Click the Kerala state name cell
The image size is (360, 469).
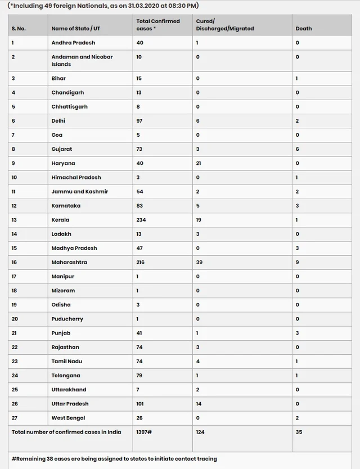[x=60, y=220]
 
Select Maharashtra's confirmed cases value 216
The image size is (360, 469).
[x=143, y=262]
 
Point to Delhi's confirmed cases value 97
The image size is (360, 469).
[x=141, y=120]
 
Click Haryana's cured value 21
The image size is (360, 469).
[x=200, y=163]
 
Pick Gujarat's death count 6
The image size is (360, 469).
[x=297, y=149]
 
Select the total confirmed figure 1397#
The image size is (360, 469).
[x=145, y=432]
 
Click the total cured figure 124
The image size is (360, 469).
[x=201, y=432]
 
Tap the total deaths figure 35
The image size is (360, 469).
[x=299, y=432]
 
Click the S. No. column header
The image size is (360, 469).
[x=19, y=28]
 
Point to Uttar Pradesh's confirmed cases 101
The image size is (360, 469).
[x=142, y=404]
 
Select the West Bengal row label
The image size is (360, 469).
[x=65, y=418]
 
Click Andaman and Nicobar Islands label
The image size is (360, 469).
[x=74, y=60]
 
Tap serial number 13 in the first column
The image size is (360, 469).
[x=15, y=220]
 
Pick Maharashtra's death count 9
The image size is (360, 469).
[x=297, y=262]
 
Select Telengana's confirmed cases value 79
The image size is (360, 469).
[x=141, y=376]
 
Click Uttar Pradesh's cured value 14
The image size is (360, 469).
[x=199, y=404]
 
